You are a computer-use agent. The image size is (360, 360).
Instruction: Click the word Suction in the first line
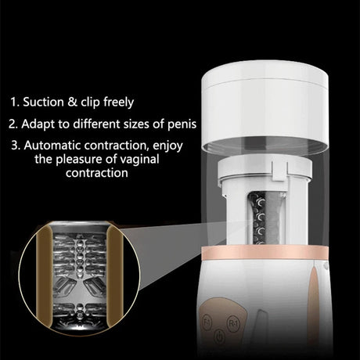tap(44, 102)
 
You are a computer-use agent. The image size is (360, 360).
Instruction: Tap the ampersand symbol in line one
tap(72, 102)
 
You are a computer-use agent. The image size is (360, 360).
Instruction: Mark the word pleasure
tap(79, 159)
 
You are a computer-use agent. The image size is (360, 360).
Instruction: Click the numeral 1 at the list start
tap(15, 102)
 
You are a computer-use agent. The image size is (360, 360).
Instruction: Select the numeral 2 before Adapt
tap(13, 124)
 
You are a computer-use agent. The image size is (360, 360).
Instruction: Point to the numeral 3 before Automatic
tap(16, 146)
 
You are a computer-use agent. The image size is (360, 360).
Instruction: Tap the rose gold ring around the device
tap(265, 252)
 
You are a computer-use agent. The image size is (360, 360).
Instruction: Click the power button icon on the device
tap(219, 337)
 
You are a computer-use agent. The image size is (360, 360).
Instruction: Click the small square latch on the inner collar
tap(279, 171)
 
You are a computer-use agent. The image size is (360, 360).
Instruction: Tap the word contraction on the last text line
tap(97, 173)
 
